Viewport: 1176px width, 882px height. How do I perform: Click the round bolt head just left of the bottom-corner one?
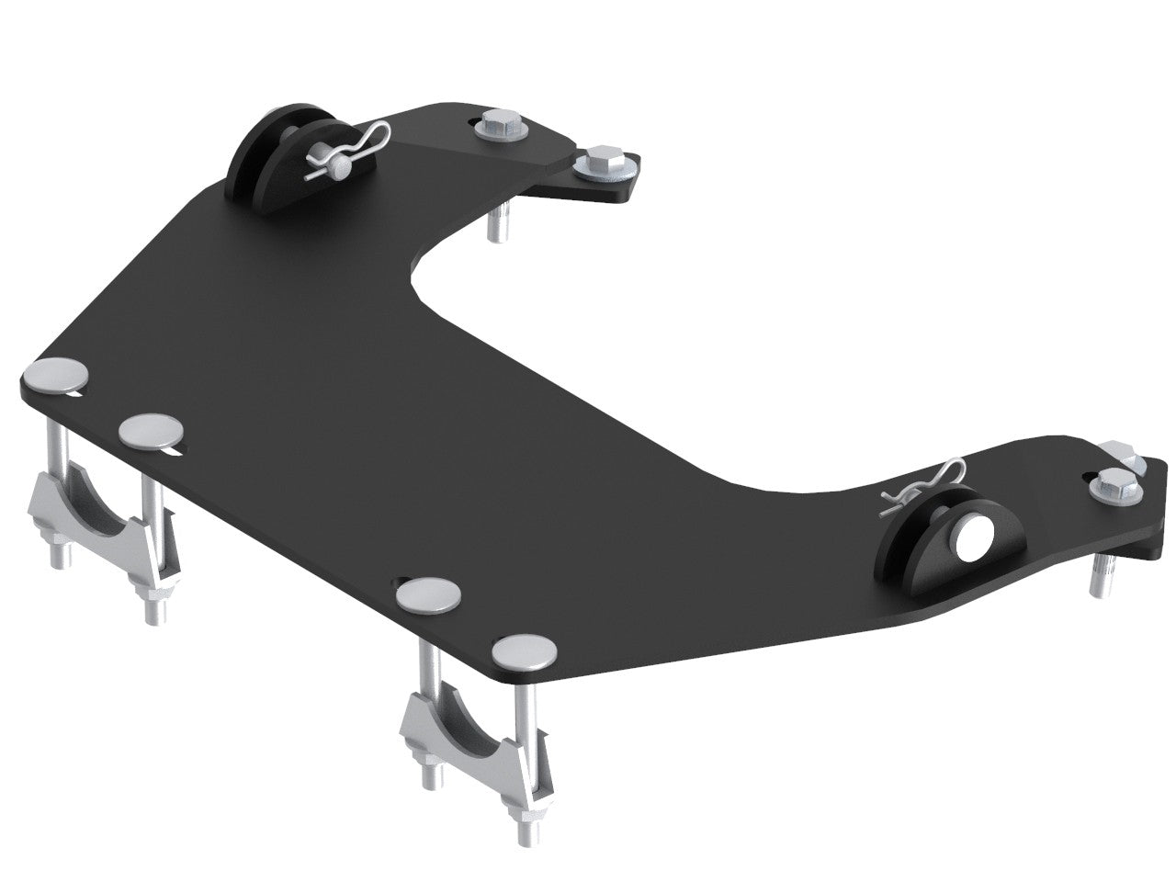pos(430,595)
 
